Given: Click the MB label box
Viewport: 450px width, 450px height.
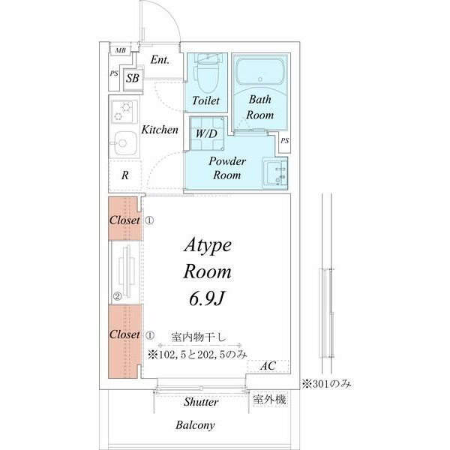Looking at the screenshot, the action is point(120,50).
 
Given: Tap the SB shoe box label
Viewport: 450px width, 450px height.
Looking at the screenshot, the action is point(133,78).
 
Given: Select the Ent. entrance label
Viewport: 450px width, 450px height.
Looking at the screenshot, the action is point(160,60).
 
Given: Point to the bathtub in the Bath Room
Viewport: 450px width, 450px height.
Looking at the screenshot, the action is point(260,71).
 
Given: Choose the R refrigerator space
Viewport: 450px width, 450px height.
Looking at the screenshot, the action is point(125,175).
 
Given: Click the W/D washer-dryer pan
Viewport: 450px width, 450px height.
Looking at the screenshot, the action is point(207,133).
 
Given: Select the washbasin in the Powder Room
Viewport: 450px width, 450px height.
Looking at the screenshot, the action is point(274,172).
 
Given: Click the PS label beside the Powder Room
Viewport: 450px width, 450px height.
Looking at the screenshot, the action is point(285,141).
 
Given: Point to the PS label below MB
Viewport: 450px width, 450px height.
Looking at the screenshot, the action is point(114,73).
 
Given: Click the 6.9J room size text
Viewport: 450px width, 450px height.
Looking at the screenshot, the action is point(206,299).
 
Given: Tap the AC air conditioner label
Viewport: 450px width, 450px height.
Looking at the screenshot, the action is point(268,366).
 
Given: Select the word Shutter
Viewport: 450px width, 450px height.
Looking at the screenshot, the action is point(201,402).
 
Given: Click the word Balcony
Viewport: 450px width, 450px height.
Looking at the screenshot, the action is point(195,425).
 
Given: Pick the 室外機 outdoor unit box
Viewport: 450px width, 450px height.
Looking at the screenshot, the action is point(269,399).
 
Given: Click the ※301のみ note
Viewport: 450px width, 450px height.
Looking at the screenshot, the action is point(326,384).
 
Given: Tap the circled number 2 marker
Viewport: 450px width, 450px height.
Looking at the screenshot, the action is point(117,296).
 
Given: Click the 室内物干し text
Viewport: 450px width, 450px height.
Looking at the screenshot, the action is point(199,337).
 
